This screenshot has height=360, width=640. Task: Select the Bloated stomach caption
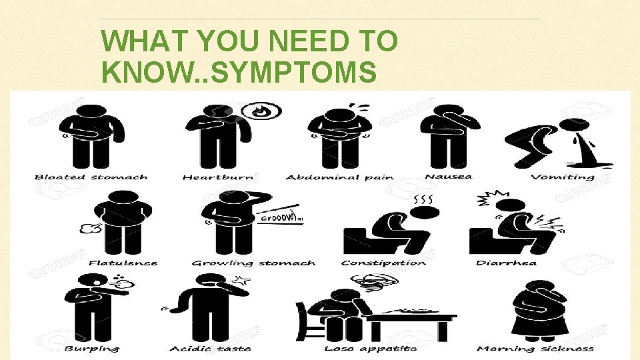pyautogui.click(x=91, y=177)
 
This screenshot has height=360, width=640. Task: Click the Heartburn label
pyautogui.click(x=219, y=177)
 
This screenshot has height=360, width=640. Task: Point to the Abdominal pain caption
pyautogui.click(x=340, y=177)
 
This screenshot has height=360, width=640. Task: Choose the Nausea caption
pyautogui.click(x=449, y=177)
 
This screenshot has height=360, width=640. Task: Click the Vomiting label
pyautogui.click(x=563, y=177)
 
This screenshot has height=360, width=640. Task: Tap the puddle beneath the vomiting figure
pyautogui.click(x=586, y=162)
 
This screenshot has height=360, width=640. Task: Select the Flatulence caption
pyautogui.click(x=123, y=263)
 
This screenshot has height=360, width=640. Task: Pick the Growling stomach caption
pyautogui.click(x=254, y=263)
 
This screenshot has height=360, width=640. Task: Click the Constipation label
pyautogui.click(x=383, y=263)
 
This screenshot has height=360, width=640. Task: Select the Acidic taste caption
pyautogui.click(x=210, y=349)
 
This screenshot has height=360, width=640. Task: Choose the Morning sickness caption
pyautogui.click(x=535, y=349)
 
